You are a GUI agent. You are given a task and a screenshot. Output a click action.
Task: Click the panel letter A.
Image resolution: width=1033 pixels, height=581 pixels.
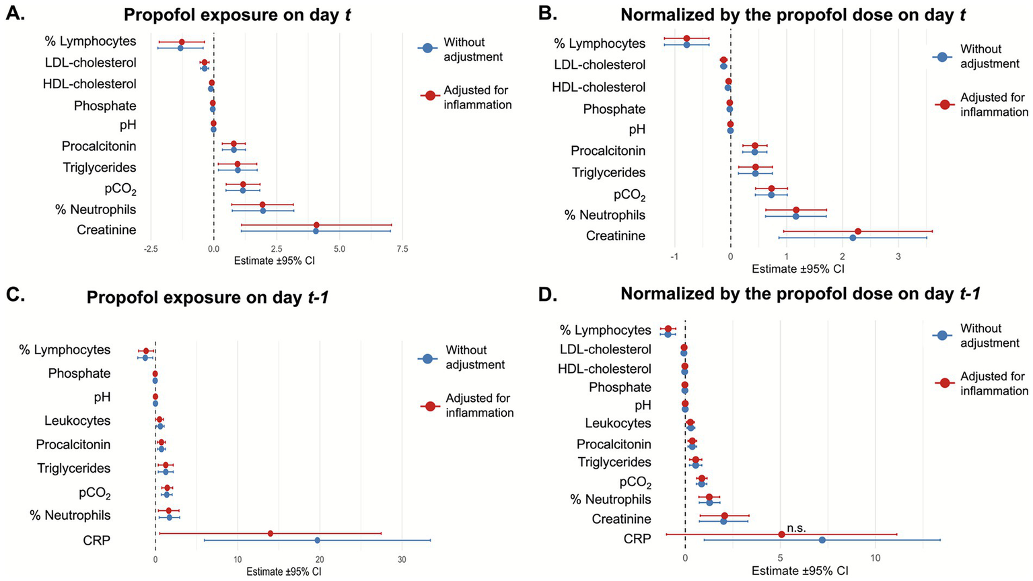(x=15, y=13)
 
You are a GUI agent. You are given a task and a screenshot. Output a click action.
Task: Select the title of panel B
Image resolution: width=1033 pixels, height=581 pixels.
(x=793, y=15)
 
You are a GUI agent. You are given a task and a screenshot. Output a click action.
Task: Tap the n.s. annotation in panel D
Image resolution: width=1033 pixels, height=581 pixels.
(x=795, y=528)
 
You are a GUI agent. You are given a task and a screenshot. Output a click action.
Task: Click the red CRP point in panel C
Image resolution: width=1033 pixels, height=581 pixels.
(x=271, y=533)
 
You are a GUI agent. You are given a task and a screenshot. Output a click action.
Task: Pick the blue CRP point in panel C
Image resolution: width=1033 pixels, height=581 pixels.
(x=317, y=540)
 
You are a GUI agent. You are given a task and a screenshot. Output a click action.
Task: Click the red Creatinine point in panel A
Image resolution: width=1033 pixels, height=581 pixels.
(x=316, y=225)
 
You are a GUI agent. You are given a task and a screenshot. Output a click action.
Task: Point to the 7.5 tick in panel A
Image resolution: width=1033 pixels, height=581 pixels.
(x=402, y=248)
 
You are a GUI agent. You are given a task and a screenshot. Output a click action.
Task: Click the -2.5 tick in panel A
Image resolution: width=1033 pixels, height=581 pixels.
(x=151, y=248)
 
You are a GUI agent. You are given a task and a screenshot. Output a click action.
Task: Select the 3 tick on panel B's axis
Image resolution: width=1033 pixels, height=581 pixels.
(x=898, y=257)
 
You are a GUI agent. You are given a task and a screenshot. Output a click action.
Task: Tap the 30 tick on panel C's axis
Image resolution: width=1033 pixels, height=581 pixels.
(x=402, y=559)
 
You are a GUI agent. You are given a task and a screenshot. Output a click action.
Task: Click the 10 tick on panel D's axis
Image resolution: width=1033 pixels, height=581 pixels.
(x=875, y=558)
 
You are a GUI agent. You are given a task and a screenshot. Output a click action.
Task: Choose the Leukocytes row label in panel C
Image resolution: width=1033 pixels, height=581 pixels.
(x=77, y=421)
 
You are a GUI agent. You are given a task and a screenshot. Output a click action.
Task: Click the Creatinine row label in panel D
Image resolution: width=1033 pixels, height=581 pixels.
(x=621, y=519)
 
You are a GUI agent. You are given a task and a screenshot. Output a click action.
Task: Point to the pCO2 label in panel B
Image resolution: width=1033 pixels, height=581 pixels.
(x=629, y=195)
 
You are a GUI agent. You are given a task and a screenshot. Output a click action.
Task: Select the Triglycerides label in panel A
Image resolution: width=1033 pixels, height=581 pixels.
(x=99, y=168)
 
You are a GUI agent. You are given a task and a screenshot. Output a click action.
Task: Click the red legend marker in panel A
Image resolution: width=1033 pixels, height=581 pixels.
(x=429, y=97)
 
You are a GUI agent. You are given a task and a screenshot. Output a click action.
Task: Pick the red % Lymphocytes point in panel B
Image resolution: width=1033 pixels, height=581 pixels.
(x=686, y=38)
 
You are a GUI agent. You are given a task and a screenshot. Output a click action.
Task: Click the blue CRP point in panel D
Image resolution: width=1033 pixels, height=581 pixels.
(x=822, y=540)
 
